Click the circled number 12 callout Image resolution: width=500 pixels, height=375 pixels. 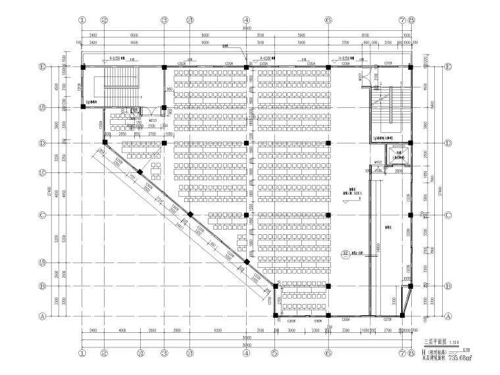point(345,253)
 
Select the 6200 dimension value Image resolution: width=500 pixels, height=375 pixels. point(218,330)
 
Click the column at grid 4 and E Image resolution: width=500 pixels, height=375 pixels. point(246,66)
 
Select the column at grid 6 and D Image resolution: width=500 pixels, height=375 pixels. point(328,143)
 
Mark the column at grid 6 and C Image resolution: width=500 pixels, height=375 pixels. point(328,215)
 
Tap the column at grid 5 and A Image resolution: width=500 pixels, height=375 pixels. point(274,315)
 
